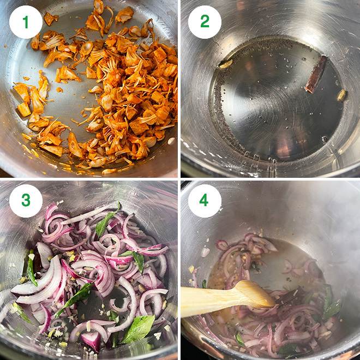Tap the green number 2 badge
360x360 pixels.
pyautogui.click(x=205, y=22)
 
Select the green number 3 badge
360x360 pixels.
pyautogui.click(x=26, y=200)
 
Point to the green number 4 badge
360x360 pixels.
pyautogui.click(x=205, y=200)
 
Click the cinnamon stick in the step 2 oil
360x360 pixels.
pyautogui.click(x=316, y=74)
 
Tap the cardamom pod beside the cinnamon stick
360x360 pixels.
pyautogui.click(x=341, y=95)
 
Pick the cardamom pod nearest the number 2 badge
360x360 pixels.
pyautogui.click(x=225, y=64)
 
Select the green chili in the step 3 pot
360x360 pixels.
pyautogui.click(x=31, y=270)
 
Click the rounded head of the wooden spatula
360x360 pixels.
pyautogui.click(x=256, y=294)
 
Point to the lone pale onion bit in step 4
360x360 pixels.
pyautogui.click(x=205, y=251)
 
